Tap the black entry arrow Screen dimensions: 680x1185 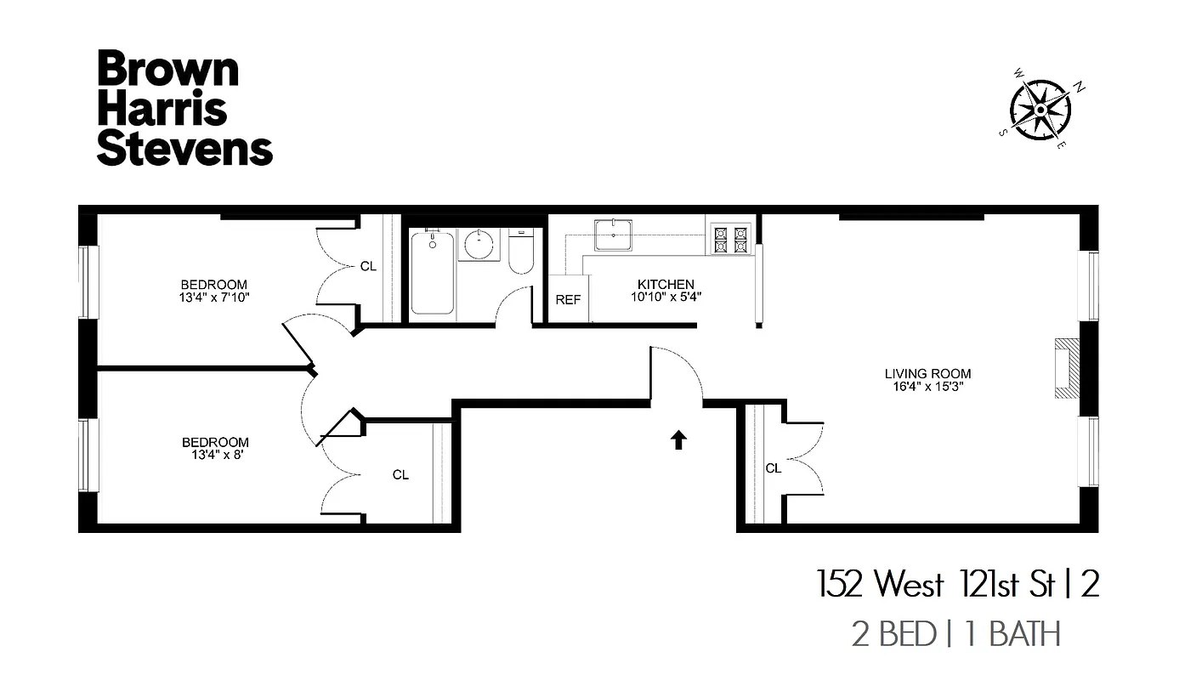678,439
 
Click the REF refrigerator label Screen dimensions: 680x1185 568,300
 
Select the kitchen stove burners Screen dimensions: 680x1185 730,238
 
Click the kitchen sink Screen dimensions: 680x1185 613,235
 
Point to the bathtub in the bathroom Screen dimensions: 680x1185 433,272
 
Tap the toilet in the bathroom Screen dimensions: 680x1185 519,254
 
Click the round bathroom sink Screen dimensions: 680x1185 480,244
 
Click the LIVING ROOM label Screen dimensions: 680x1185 927,374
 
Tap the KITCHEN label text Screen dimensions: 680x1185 666,285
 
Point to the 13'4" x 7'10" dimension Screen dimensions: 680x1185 214,297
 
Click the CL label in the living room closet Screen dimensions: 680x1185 773,468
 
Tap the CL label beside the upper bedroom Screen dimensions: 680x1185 367,266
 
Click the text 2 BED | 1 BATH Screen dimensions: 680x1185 956,634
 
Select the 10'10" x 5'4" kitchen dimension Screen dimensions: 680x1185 666,297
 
